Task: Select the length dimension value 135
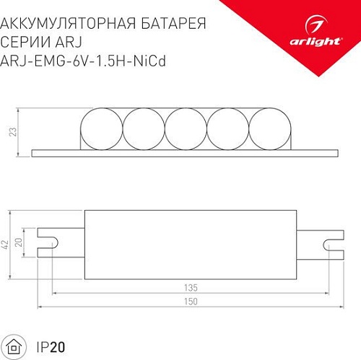[192, 288]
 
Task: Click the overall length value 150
[192, 303]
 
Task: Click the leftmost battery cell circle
[100, 128]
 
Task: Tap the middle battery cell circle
[190, 128]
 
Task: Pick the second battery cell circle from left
[144, 128]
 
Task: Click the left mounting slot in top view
[48, 245]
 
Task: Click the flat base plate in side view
[185, 152]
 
